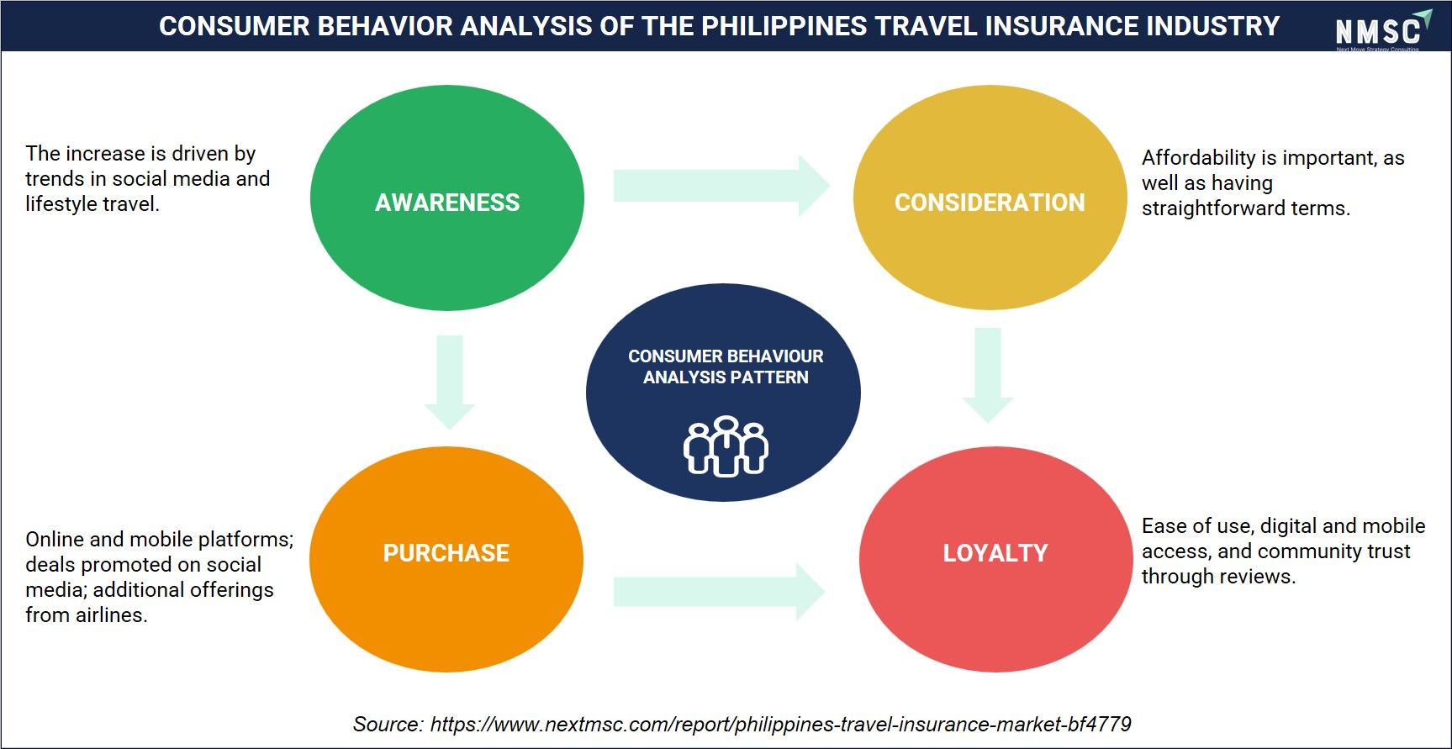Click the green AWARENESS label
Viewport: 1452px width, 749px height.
pos(447,203)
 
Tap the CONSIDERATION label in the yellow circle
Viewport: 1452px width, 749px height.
pos(990,203)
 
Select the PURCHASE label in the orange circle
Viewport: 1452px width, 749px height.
pos(446,553)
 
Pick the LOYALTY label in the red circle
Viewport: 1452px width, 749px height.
pos(995,553)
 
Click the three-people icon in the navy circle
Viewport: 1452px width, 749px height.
pos(726,446)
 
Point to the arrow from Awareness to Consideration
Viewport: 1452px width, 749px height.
pos(721,186)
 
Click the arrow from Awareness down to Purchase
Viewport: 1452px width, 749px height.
pos(450,382)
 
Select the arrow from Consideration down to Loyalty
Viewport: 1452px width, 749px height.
pos(988,375)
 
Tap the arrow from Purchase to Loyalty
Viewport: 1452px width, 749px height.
pos(720,592)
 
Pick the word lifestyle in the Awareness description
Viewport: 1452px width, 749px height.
pos(61,204)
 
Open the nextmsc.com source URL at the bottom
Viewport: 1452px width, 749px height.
pos(780,725)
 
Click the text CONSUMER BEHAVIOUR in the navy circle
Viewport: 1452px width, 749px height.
pos(726,356)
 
